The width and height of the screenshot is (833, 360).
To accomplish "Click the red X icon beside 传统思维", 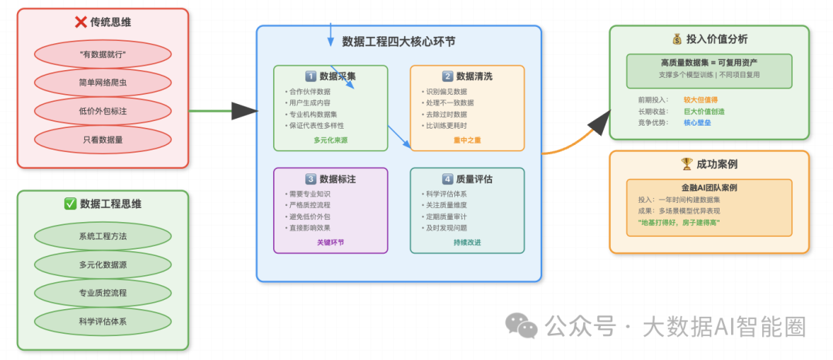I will click(x=80, y=22).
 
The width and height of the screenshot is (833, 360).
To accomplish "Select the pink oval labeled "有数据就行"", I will click(x=103, y=55).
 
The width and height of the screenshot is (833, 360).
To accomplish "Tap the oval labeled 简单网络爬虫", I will click(x=103, y=82).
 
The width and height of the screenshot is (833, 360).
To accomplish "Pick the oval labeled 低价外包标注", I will click(x=103, y=111).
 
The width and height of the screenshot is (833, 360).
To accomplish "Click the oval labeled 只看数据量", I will click(x=103, y=140).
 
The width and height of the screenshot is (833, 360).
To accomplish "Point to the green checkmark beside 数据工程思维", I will click(x=70, y=204).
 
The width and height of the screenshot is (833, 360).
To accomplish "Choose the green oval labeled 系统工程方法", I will click(x=103, y=237).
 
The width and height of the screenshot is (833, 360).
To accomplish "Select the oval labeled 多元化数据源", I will click(x=103, y=264).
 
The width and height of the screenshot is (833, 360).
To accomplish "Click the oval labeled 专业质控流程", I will click(x=103, y=293).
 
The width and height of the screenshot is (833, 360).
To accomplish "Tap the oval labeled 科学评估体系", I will click(x=103, y=321).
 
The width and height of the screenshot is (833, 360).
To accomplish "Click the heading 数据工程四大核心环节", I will click(x=399, y=42).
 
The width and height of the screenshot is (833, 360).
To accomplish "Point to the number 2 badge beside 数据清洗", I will click(x=447, y=76).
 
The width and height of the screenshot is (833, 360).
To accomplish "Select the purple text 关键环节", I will click(x=330, y=242).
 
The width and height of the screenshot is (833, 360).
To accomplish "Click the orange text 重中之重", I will click(x=467, y=140).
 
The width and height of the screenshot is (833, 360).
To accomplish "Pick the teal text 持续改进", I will click(x=467, y=242).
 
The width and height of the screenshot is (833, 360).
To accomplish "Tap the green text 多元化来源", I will click(x=330, y=140).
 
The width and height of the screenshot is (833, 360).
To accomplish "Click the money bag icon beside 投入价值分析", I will click(x=677, y=39).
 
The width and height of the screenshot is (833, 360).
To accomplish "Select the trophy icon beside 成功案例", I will click(x=686, y=163).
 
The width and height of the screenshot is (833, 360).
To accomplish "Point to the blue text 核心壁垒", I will click(x=697, y=123).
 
